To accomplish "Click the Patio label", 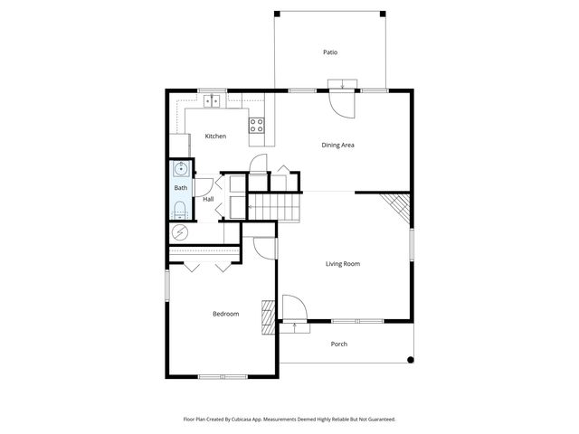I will point(330,52).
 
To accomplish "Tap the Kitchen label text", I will point(215,137).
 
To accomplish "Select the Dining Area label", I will point(337,145).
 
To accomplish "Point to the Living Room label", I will point(343,264).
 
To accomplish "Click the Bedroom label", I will point(225,314).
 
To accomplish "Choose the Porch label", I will point(338,344).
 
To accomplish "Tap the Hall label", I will point(208,199).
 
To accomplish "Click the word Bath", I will point(180,188).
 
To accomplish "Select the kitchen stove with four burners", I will point(257,126).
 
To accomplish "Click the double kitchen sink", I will point(213,101).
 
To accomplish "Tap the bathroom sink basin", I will point(180,168).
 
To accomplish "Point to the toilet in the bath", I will point(179,211).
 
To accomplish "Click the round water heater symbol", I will point(179,232).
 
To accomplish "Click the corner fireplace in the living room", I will point(396,208).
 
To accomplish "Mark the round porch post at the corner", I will point(411,360).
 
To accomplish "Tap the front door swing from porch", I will point(294,309).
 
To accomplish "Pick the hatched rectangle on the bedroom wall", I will point(267,317).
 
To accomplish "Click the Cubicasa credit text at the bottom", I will point(289,420).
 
